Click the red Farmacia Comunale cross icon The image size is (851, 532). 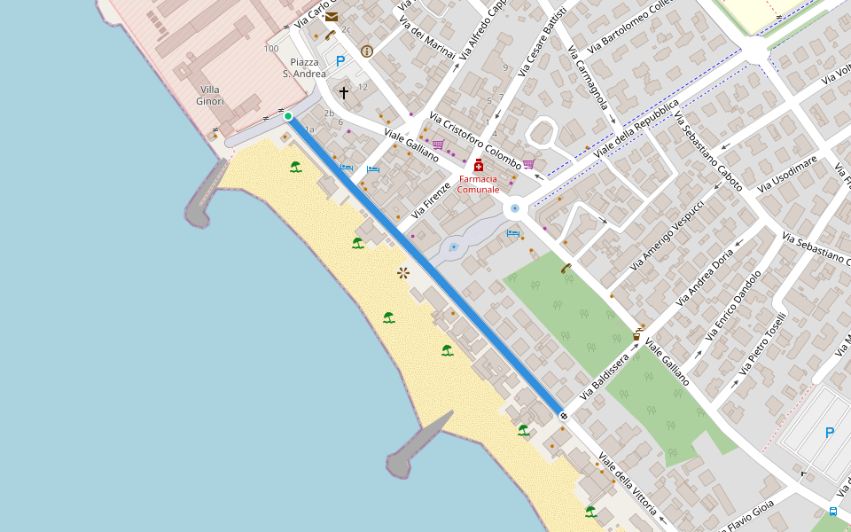(x=479, y=165)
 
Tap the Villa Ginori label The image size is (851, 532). (x=210, y=95)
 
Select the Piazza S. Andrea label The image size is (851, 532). (x=304, y=68)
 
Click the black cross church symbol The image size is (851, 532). (x=344, y=92)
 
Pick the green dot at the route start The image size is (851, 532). (x=288, y=116)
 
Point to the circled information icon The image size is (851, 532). (x=367, y=51)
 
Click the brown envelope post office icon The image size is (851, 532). (x=332, y=16)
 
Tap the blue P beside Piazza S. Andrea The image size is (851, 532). (x=340, y=61)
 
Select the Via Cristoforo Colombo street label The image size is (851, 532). (x=475, y=141)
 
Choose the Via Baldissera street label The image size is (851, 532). (x=604, y=375)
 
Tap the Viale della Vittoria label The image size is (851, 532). (x=628, y=484)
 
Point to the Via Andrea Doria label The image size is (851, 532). (x=705, y=277)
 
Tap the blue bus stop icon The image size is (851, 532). (x=833, y=512)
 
